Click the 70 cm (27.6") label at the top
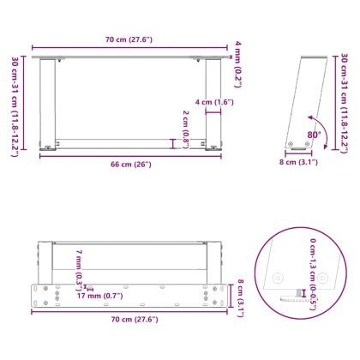pyautogui.click(x=133, y=40)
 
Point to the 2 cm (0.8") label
pyautogui.click(x=185, y=129)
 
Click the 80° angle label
pyautogui.click(x=315, y=135)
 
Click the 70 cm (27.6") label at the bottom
pyautogui.click(x=133, y=319)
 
